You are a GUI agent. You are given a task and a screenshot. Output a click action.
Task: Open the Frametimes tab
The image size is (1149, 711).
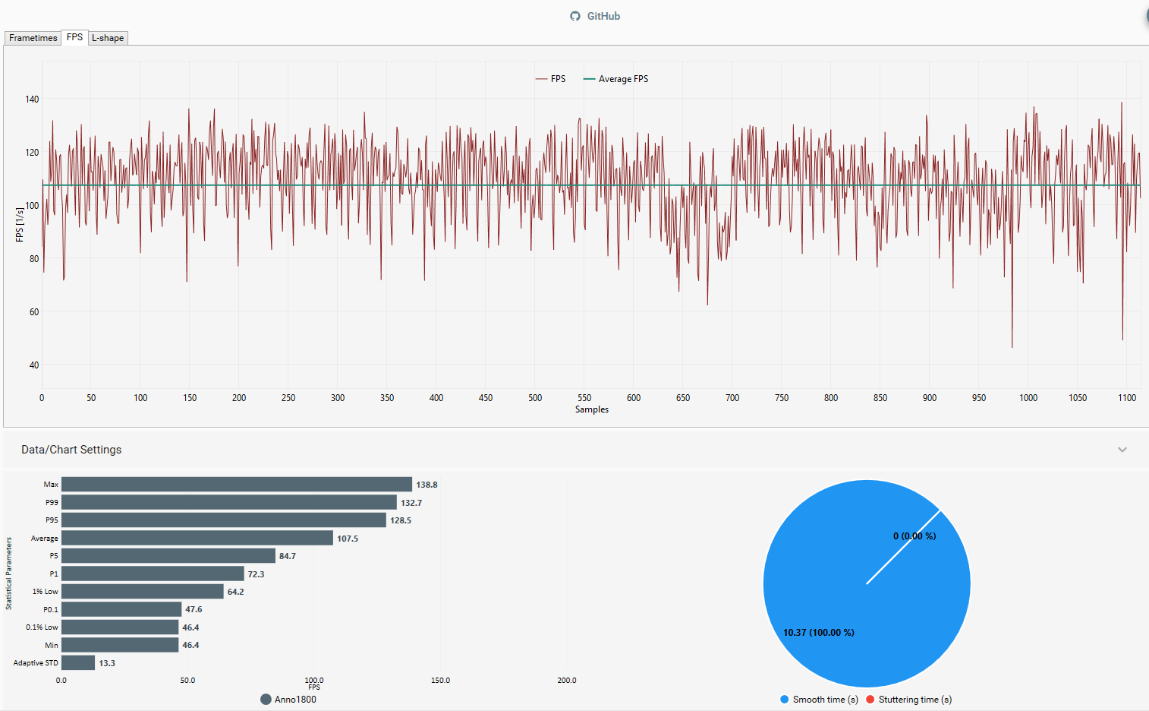coord(33,38)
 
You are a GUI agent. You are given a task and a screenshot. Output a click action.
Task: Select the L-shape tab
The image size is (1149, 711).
coord(108,38)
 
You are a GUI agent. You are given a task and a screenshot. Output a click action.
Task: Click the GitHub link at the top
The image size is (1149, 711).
coord(596,16)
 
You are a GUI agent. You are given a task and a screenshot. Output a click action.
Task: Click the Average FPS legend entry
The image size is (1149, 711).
coord(616,79)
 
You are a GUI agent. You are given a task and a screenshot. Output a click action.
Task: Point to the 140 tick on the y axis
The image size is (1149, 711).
coord(32,100)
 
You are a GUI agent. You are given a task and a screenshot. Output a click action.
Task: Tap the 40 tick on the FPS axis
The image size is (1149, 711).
coord(34,365)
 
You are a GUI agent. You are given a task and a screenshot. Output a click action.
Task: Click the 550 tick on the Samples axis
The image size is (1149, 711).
coord(584,398)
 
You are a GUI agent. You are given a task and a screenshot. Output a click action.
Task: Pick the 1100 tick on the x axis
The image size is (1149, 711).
coord(1127,398)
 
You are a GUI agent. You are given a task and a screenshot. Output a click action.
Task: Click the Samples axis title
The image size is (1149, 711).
coord(592,409)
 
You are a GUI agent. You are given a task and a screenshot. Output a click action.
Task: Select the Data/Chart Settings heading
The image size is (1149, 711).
coord(71,450)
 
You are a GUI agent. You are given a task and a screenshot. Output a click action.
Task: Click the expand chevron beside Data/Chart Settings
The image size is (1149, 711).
coord(1122,450)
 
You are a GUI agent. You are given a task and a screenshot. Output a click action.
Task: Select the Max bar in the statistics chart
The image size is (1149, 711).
coord(237,485)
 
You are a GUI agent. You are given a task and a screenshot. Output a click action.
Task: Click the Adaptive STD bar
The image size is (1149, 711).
coord(78,663)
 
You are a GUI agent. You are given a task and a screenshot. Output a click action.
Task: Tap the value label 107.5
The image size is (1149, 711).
coord(348,539)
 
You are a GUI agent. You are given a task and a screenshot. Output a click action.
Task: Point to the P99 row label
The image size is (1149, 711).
coord(52,503)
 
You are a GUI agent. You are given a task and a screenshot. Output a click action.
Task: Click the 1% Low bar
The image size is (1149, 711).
coord(143,592)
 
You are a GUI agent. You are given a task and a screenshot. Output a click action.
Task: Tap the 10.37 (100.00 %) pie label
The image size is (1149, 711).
coord(818,633)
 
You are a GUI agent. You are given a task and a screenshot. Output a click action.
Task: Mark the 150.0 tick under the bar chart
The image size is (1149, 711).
coord(440,681)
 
